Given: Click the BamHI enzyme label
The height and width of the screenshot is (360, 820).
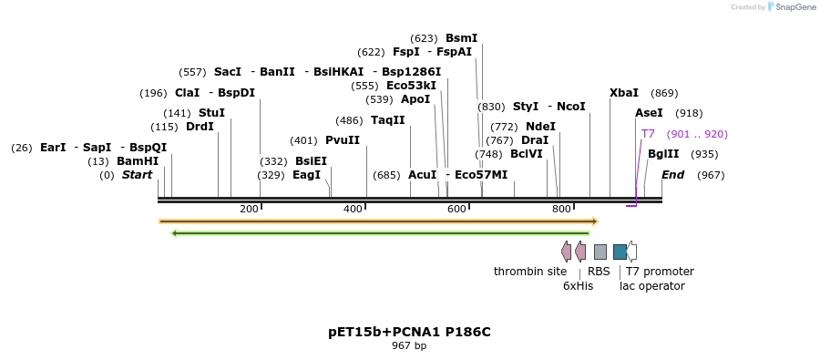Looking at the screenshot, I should pos(138,161).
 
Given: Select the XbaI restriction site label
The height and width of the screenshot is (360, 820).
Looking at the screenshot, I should pos(624,93).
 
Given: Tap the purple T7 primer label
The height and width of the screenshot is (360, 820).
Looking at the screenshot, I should pos(648,134).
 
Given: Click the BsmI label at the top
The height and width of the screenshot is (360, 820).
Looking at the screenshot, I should pos(461,38).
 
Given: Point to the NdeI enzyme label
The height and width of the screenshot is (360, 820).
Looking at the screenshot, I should pos(540,127).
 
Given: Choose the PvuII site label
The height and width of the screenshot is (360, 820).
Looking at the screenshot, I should pos(343,140).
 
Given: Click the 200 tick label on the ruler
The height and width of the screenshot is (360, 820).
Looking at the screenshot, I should pos(249,210).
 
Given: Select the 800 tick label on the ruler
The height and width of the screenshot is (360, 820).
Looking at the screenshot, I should pos(562,210).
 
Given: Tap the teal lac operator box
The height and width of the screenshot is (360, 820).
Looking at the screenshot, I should pos(620,252).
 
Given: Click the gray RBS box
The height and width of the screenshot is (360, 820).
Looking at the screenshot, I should pos(600,252).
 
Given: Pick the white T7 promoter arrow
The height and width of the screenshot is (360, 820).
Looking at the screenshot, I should pos(631,252).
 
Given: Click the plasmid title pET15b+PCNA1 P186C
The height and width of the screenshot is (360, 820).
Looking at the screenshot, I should pos(409,332).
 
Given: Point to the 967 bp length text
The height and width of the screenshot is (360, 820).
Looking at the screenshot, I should pos(409,345).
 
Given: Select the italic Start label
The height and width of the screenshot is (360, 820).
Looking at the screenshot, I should pos(138,175).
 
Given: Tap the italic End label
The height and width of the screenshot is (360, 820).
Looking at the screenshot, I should pos(672,175).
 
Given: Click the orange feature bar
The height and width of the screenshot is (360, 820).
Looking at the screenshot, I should pos(378,221).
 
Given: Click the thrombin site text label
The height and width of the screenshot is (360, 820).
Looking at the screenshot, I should pos(530,272).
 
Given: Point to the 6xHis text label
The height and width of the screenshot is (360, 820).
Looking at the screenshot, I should pos(578,285).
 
